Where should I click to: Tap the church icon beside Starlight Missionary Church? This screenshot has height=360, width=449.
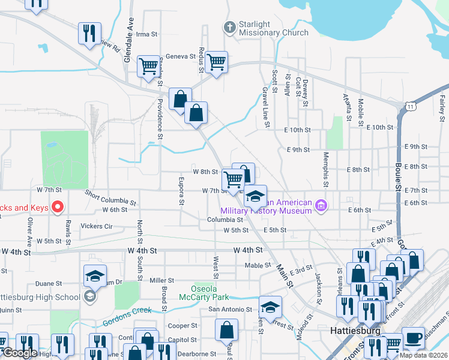click(x=229, y=27)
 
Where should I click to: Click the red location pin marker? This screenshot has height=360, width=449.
click(x=58, y=207)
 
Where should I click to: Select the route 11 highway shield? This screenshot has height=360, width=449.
click(x=410, y=106)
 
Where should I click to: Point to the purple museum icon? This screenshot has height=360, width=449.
click(x=321, y=206)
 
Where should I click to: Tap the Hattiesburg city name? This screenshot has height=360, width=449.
click(x=356, y=331)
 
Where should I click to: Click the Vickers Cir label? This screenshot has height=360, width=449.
click(x=97, y=226)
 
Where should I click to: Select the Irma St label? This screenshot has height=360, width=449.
click(x=146, y=34)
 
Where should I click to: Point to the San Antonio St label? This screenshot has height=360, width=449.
click(x=230, y=310)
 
